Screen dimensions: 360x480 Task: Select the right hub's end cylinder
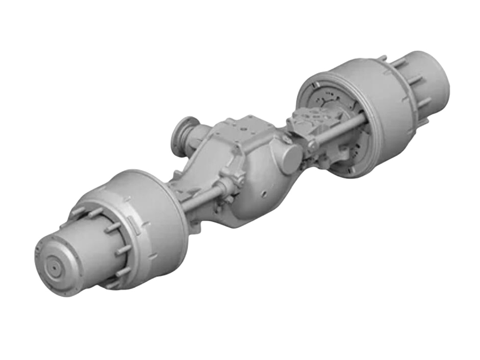point(429,75)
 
